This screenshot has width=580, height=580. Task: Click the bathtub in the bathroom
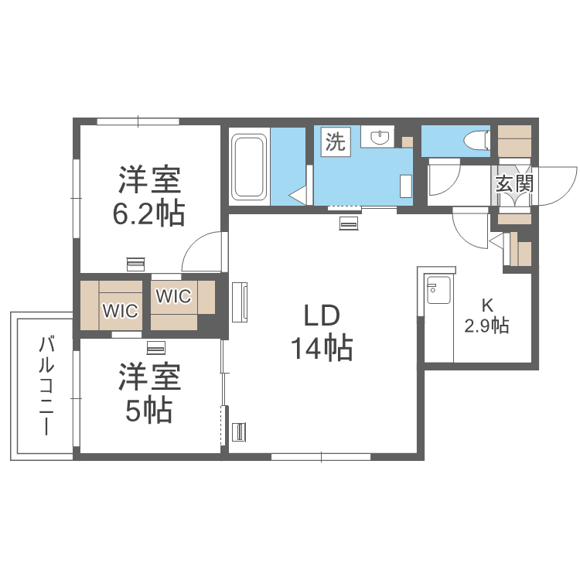pos(249,166)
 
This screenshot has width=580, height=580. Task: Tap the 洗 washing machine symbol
pos(336,142)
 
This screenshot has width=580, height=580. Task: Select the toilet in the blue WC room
pos(475,140)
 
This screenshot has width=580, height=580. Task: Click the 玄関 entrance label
pos(513,184)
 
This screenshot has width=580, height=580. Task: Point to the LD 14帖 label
pos(322,333)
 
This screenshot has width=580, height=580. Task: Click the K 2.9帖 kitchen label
pos(486,316)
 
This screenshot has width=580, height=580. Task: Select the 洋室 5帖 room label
pos(149,394)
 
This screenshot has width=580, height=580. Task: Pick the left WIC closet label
pos(121,312)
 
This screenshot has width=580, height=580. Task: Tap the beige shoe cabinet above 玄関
pos(515,140)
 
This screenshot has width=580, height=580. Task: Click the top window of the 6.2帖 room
pos(138,121)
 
